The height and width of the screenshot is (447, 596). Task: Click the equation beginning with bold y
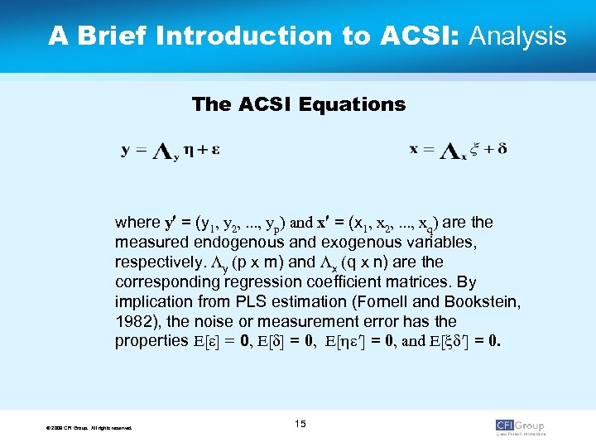tap(171, 151)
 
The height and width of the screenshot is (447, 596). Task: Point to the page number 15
tap(300, 424)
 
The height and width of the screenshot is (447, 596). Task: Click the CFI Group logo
tap(520, 426)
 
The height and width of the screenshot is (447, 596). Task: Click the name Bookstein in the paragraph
tap(480, 301)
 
